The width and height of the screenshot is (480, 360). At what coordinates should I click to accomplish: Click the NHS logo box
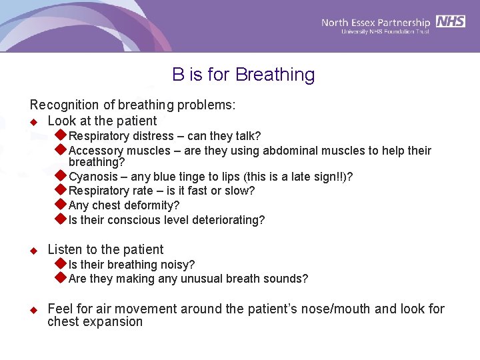[x=451, y=21]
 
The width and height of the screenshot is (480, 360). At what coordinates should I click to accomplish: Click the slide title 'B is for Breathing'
[x=243, y=75]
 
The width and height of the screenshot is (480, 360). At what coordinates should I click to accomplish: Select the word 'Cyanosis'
[x=91, y=177]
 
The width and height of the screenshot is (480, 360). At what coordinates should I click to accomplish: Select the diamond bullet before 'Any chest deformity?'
[x=60, y=205]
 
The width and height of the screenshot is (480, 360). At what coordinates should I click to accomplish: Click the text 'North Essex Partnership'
[x=377, y=22]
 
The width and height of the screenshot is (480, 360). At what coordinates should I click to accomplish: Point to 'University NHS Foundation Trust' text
[x=385, y=32]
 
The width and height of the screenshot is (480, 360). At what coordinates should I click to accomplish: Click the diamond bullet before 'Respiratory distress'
[x=60, y=136]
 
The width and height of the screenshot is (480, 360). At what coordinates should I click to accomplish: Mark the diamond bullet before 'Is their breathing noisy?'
[x=60, y=264]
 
